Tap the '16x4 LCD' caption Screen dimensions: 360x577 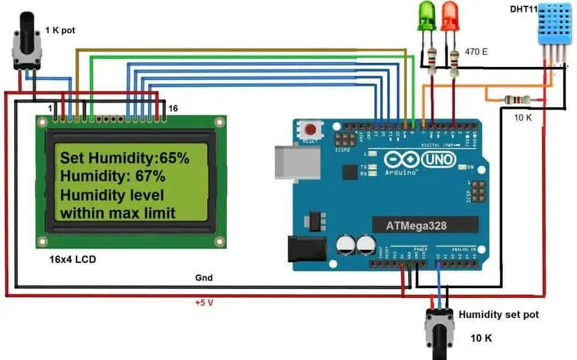pos(72,259)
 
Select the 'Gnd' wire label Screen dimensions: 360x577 pos(203,277)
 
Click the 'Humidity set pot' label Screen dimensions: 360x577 pos(499,314)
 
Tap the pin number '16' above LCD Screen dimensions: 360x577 pos(174,108)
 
